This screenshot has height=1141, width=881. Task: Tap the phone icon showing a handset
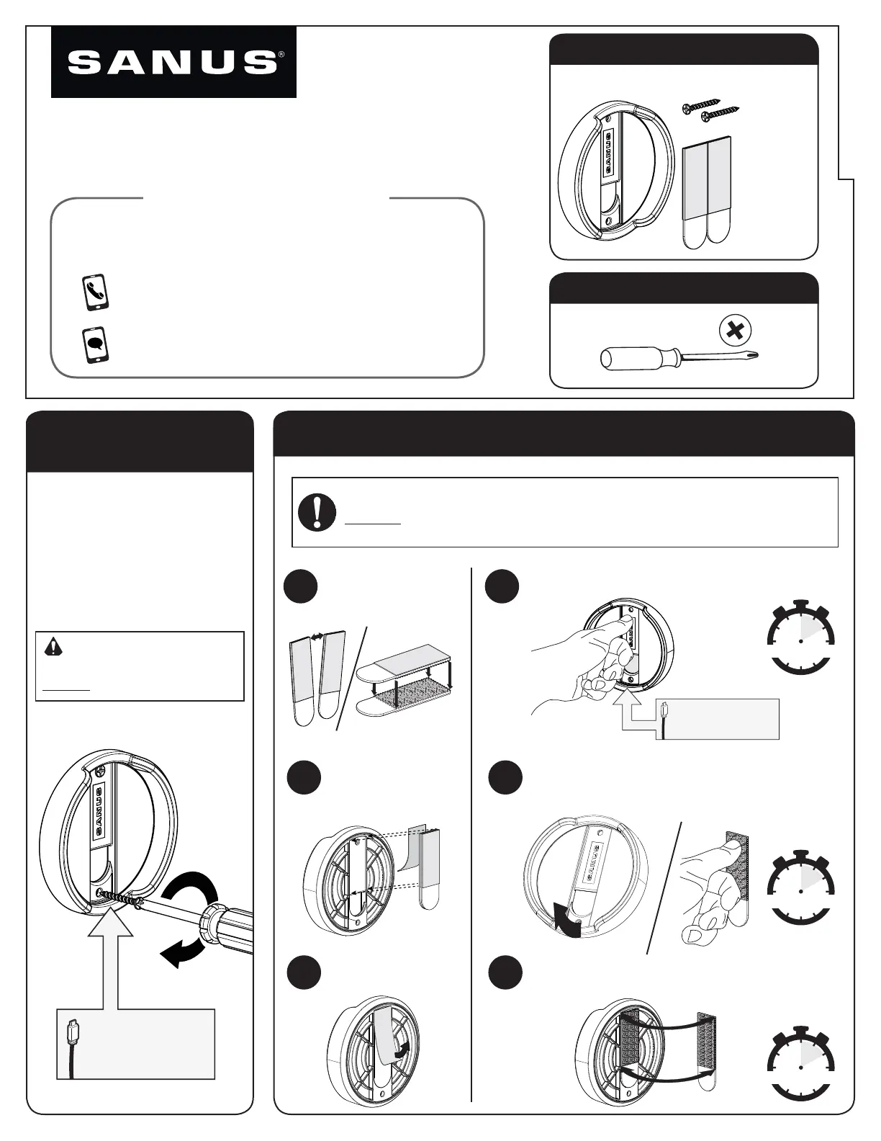(x=96, y=293)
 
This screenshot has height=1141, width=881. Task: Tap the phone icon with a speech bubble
(x=96, y=345)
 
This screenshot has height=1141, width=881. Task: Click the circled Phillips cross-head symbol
(x=735, y=331)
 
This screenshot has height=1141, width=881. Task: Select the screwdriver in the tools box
(x=679, y=358)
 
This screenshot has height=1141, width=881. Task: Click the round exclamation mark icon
(x=317, y=512)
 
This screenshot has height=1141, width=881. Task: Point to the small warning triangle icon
(x=53, y=647)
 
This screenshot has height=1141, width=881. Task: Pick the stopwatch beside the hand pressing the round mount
(x=800, y=637)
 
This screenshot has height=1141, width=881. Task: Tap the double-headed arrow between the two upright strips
(x=317, y=637)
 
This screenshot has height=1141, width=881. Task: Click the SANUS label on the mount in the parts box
(x=610, y=153)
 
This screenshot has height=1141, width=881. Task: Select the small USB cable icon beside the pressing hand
(x=664, y=720)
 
